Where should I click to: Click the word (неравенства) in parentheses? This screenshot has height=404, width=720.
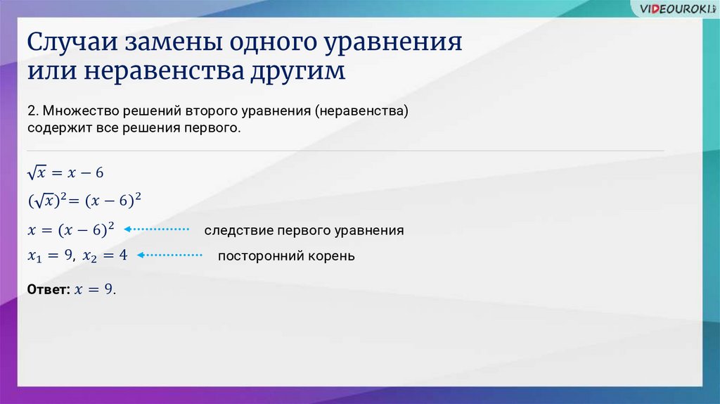361,111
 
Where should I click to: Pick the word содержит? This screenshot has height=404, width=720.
60,128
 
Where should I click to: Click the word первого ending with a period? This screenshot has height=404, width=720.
212,128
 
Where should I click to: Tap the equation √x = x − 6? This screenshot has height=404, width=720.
65,173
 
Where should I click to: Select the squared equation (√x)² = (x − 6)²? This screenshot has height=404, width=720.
84,201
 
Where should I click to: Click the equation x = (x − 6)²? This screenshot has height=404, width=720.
71,229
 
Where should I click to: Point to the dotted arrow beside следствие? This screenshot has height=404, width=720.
157,229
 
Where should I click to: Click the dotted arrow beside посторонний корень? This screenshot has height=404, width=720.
169,255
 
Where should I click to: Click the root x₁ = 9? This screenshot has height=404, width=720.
50,255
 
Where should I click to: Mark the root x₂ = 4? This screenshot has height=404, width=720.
105,255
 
